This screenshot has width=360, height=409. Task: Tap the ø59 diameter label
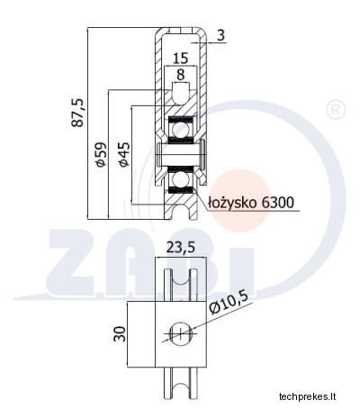point(101,154)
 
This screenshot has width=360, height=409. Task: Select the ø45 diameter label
point(124,154)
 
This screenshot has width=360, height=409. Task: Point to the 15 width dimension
point(181,58)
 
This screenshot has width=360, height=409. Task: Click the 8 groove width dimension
point(181,75)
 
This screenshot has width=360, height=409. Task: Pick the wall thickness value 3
point(220,35)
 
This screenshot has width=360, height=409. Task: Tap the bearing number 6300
point(277,203)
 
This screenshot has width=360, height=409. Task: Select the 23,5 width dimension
point(181,248)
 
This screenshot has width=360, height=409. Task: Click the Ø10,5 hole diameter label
point(229,303)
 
